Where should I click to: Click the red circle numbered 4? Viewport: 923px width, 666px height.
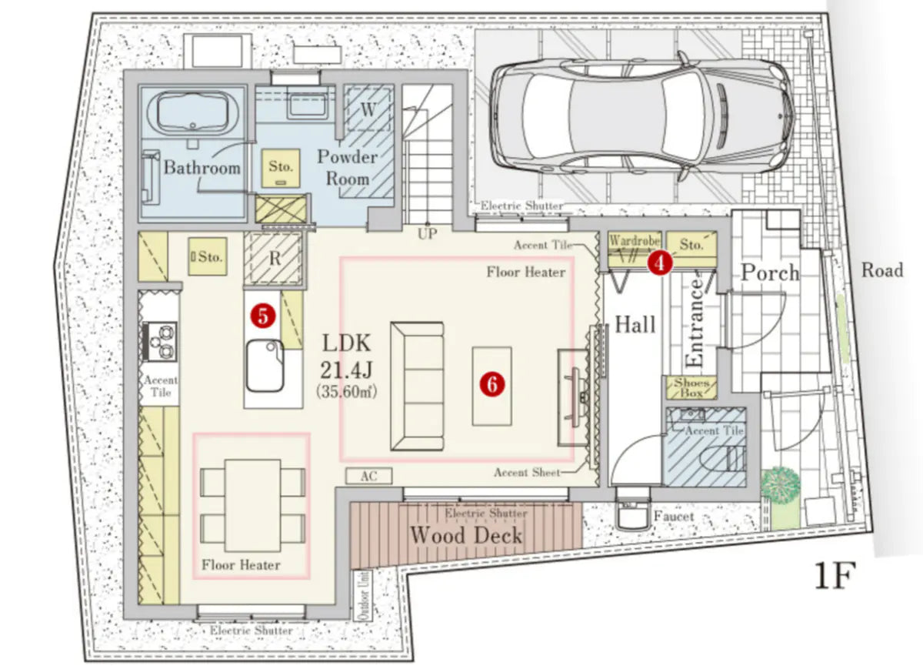[x=660, y=263]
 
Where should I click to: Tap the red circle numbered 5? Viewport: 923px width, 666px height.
[x=263, y=316]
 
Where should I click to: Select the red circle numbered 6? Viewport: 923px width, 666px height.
[x=492, y=384]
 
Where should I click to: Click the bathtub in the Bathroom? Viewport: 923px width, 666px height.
[x=193, y=113]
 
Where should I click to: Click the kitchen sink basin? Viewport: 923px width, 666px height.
[x=265, y=366]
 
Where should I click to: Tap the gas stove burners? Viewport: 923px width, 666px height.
[x=160, y=341]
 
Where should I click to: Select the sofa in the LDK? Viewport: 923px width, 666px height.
[x=417, y=386]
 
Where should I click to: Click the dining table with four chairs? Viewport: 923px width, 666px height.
[x=252, y=506]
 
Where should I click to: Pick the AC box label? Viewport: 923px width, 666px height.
[x=368, y=477]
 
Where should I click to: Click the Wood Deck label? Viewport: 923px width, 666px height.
[x=466, y=535]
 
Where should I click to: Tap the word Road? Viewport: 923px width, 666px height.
[x=882, y=270]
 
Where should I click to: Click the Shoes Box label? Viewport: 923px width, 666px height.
[x=691, y=387]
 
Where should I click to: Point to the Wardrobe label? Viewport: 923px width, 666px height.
[x=635, y=240]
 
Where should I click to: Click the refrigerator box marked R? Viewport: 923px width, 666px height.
[x=274, y=259]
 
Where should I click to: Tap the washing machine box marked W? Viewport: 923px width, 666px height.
[x=368, y=109]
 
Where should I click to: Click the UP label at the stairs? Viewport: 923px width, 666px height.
[x=427, y=234]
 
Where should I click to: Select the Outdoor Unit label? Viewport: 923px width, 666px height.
[x=363, y=595]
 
